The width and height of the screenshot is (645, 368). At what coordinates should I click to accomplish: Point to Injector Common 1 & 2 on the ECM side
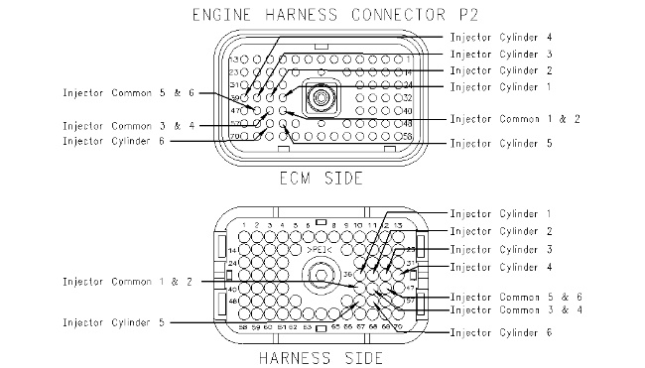point(513,119)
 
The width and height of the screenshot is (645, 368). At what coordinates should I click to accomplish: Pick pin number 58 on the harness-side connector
point(244,325)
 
